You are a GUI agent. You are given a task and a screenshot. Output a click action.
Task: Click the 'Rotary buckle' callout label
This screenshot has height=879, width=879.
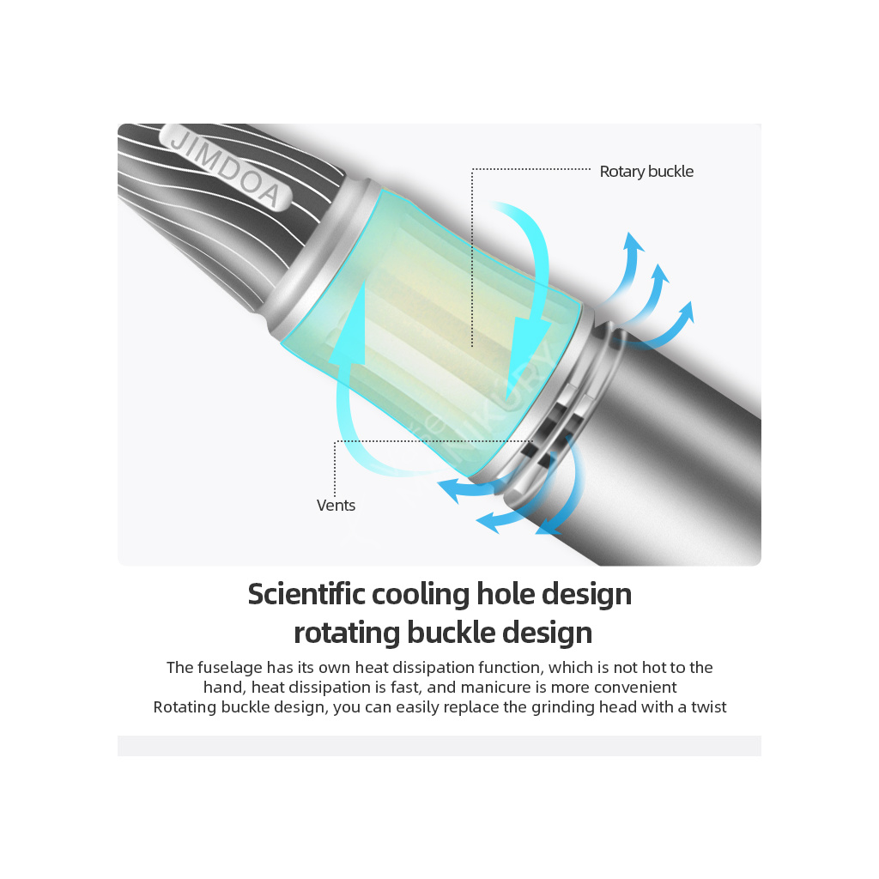[x=646, y=172]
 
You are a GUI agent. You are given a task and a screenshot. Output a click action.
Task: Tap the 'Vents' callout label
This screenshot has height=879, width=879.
[x=336, y=506]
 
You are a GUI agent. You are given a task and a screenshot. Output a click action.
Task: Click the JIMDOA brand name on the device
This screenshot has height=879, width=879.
[x=226, y=166]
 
